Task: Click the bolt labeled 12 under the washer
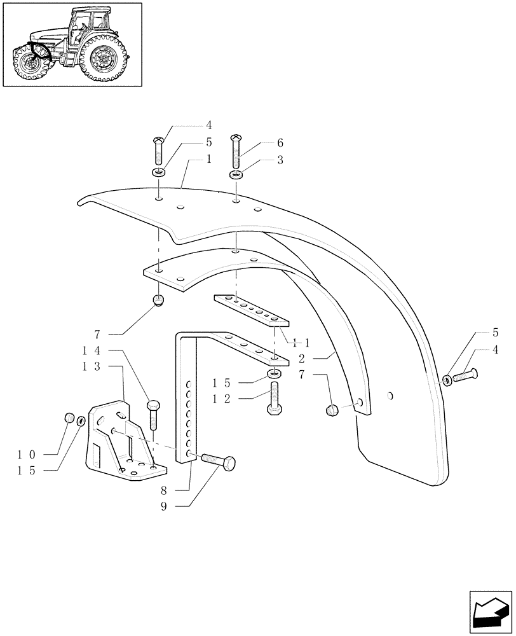[x=275, y=398]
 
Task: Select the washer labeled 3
[x=236, y=175]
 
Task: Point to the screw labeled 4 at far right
[x=467, y=375]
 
